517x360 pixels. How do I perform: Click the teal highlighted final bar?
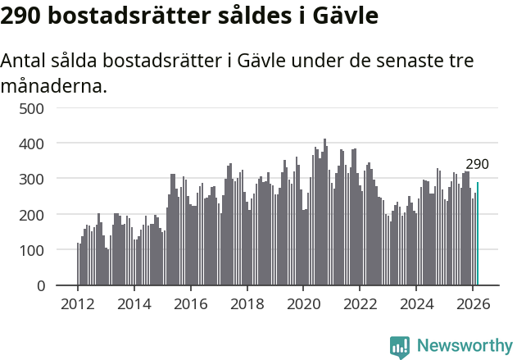pos(478,235)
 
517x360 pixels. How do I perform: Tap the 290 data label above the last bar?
pos(477,165)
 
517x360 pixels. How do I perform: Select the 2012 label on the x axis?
pos(78,303)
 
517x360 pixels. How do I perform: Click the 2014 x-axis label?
pos(134,303)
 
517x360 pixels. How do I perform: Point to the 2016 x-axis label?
pos(190,303)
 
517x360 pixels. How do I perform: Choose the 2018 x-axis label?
pos(247,303)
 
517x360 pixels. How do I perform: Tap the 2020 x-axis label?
pos(303,303)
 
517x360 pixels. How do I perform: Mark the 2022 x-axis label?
pos(360,303)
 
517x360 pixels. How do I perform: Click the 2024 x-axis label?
pos(416,303)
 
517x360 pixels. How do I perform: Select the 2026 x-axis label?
pos(473,303)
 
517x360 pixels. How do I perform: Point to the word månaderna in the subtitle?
pos(54,84)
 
